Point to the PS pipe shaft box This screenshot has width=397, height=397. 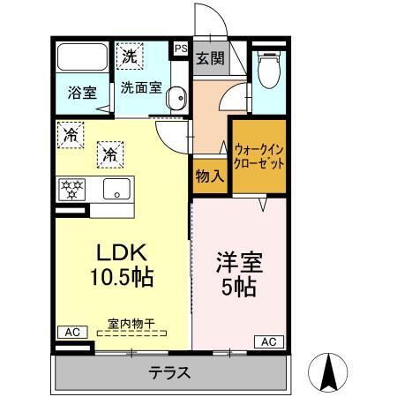click(x=181, y=50)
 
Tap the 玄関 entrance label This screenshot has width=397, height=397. click(x=209, y=60)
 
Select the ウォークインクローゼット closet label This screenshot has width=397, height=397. click(x=259, y=156)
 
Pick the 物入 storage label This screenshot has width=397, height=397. click(x=209, y=176)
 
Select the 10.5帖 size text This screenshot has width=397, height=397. click(x=121, y=278)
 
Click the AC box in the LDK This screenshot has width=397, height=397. click(x=71, y=332)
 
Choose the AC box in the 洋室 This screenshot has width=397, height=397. click(x=270, y=341)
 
